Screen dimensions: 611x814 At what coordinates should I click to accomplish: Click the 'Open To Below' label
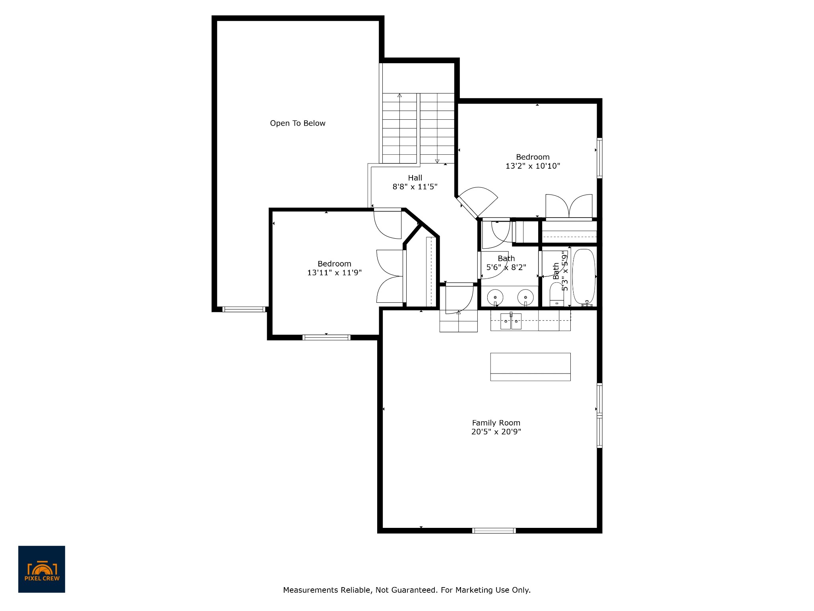[297, 123]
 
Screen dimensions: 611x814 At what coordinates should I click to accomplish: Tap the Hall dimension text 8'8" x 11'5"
[415, 187]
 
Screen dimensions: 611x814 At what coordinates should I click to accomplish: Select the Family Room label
[496, 423]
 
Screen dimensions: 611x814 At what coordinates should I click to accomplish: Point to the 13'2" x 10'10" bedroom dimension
[533, 166]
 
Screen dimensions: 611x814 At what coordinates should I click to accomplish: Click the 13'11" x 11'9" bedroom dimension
[334, 272]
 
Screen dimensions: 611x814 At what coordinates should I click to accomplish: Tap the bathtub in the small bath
[583, 276]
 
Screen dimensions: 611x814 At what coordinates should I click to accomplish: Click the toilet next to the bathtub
[555, 294]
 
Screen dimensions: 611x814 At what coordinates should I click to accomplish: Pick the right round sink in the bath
[525, 297]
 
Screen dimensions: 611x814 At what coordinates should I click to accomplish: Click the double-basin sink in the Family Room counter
[511, 321]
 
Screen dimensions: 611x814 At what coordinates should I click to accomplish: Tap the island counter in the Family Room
[530, 366]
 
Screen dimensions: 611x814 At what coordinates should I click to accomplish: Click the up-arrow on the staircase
[399, 95]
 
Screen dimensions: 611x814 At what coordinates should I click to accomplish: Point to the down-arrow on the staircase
[437, 161]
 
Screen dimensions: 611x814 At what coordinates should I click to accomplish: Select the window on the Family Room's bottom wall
[494, 530]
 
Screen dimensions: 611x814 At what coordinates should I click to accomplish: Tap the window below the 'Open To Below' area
[244, 309]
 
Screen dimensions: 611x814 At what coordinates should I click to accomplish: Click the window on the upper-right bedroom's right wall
[599, 158]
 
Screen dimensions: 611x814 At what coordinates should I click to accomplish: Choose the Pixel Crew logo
[42, 569]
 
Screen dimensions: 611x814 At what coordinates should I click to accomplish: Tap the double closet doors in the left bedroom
[390, 276]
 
